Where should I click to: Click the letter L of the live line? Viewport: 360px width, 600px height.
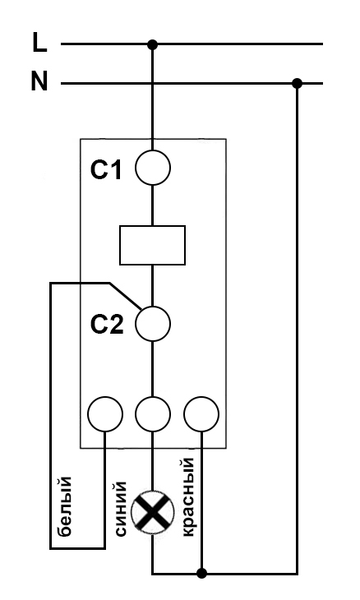coord(39,42)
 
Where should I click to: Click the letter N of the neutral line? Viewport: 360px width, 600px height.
coord(39,81)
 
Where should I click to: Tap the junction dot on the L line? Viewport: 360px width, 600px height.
coord(152,44)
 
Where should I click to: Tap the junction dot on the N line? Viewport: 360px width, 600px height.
coord(297,83)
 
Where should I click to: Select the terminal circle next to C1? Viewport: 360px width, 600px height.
coord(153,168)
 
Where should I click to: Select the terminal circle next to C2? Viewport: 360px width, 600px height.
coord(153,324)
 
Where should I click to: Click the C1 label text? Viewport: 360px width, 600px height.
coord(106,169)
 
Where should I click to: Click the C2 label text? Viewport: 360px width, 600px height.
coord(107,325)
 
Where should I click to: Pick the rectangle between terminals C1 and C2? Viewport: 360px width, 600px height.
coord(152,245)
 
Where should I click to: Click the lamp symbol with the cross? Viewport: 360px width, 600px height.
coord(152,512)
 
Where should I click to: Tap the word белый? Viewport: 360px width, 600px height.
coord(65,505)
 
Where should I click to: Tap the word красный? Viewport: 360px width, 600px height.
coord(187,497)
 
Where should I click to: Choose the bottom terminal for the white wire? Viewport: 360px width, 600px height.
coord(105,414)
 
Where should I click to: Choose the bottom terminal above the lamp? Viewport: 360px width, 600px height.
coord(153,414)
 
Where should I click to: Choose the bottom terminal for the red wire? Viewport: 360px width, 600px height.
coord(201,414)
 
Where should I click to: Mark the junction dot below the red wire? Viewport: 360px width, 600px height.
coord(201,573)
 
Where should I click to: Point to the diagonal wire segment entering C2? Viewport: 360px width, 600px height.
coord(126,295)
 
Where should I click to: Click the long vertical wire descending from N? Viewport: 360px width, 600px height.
coord(297,328)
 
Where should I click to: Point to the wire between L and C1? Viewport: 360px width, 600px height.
coord(152,97)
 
